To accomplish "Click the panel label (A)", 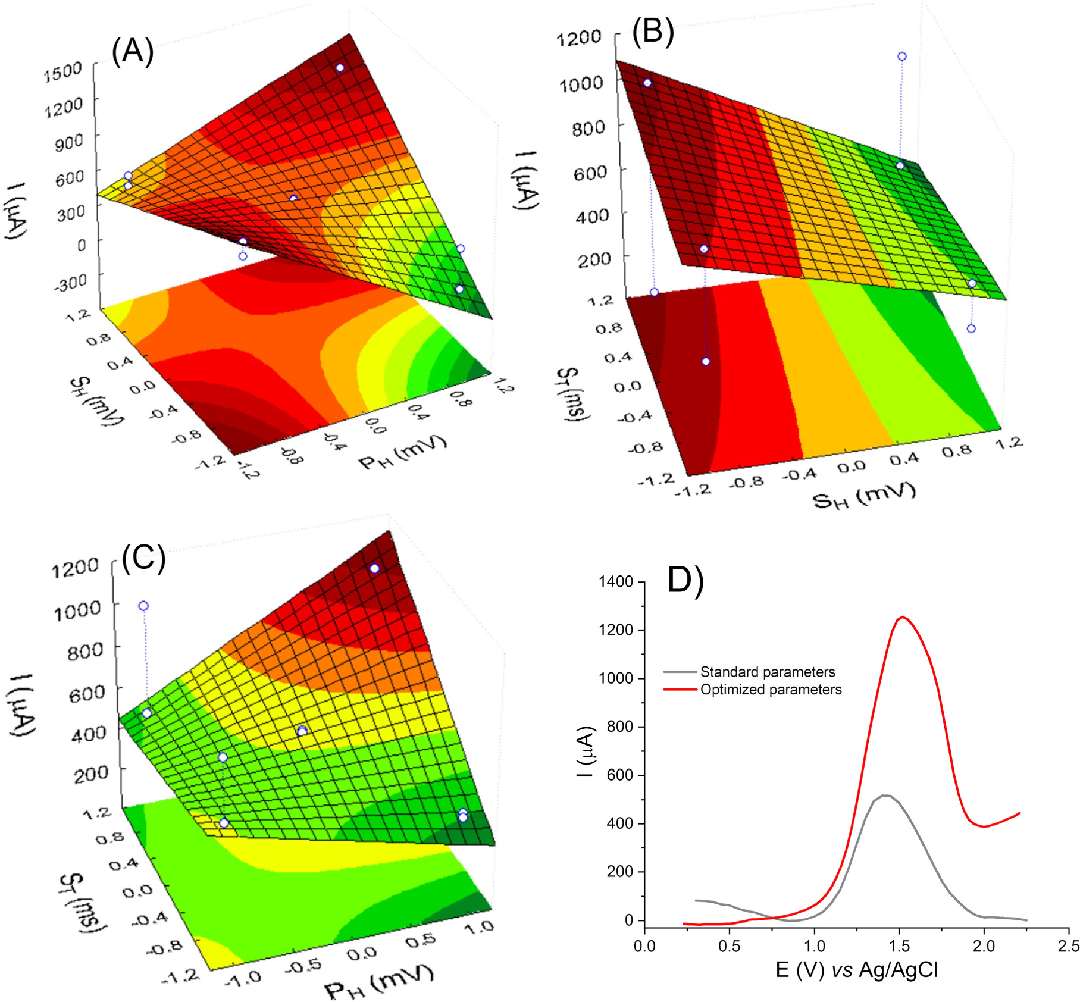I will pyautogui.click(x=133, y=52).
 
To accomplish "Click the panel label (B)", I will pyautogui.click(x=653, y=31).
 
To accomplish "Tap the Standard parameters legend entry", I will pyautogui.click(x=767, y=672).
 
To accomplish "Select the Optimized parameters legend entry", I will pyautogui.click(x=771, y=690).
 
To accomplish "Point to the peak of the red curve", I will pyautogui.click(x=903, y=617).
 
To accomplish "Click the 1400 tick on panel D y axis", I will pyautogui.click(x=616, y=581).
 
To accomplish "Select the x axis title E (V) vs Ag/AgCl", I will pyautogui.click(x=856, y=970).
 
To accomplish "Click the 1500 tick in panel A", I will pyautogui.click(x=62, y=70).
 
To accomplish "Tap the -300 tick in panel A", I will pyautogui.click(x=70, y=283).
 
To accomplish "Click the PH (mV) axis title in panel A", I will pyautogui.click(x=403, y=452).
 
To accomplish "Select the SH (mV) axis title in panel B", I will pyautogui.click(x=863, y=495).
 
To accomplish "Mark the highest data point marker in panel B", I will pyautogui.click(x=902, y=57).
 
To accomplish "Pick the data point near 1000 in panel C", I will pyautogui.click(x=143, y=606).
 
